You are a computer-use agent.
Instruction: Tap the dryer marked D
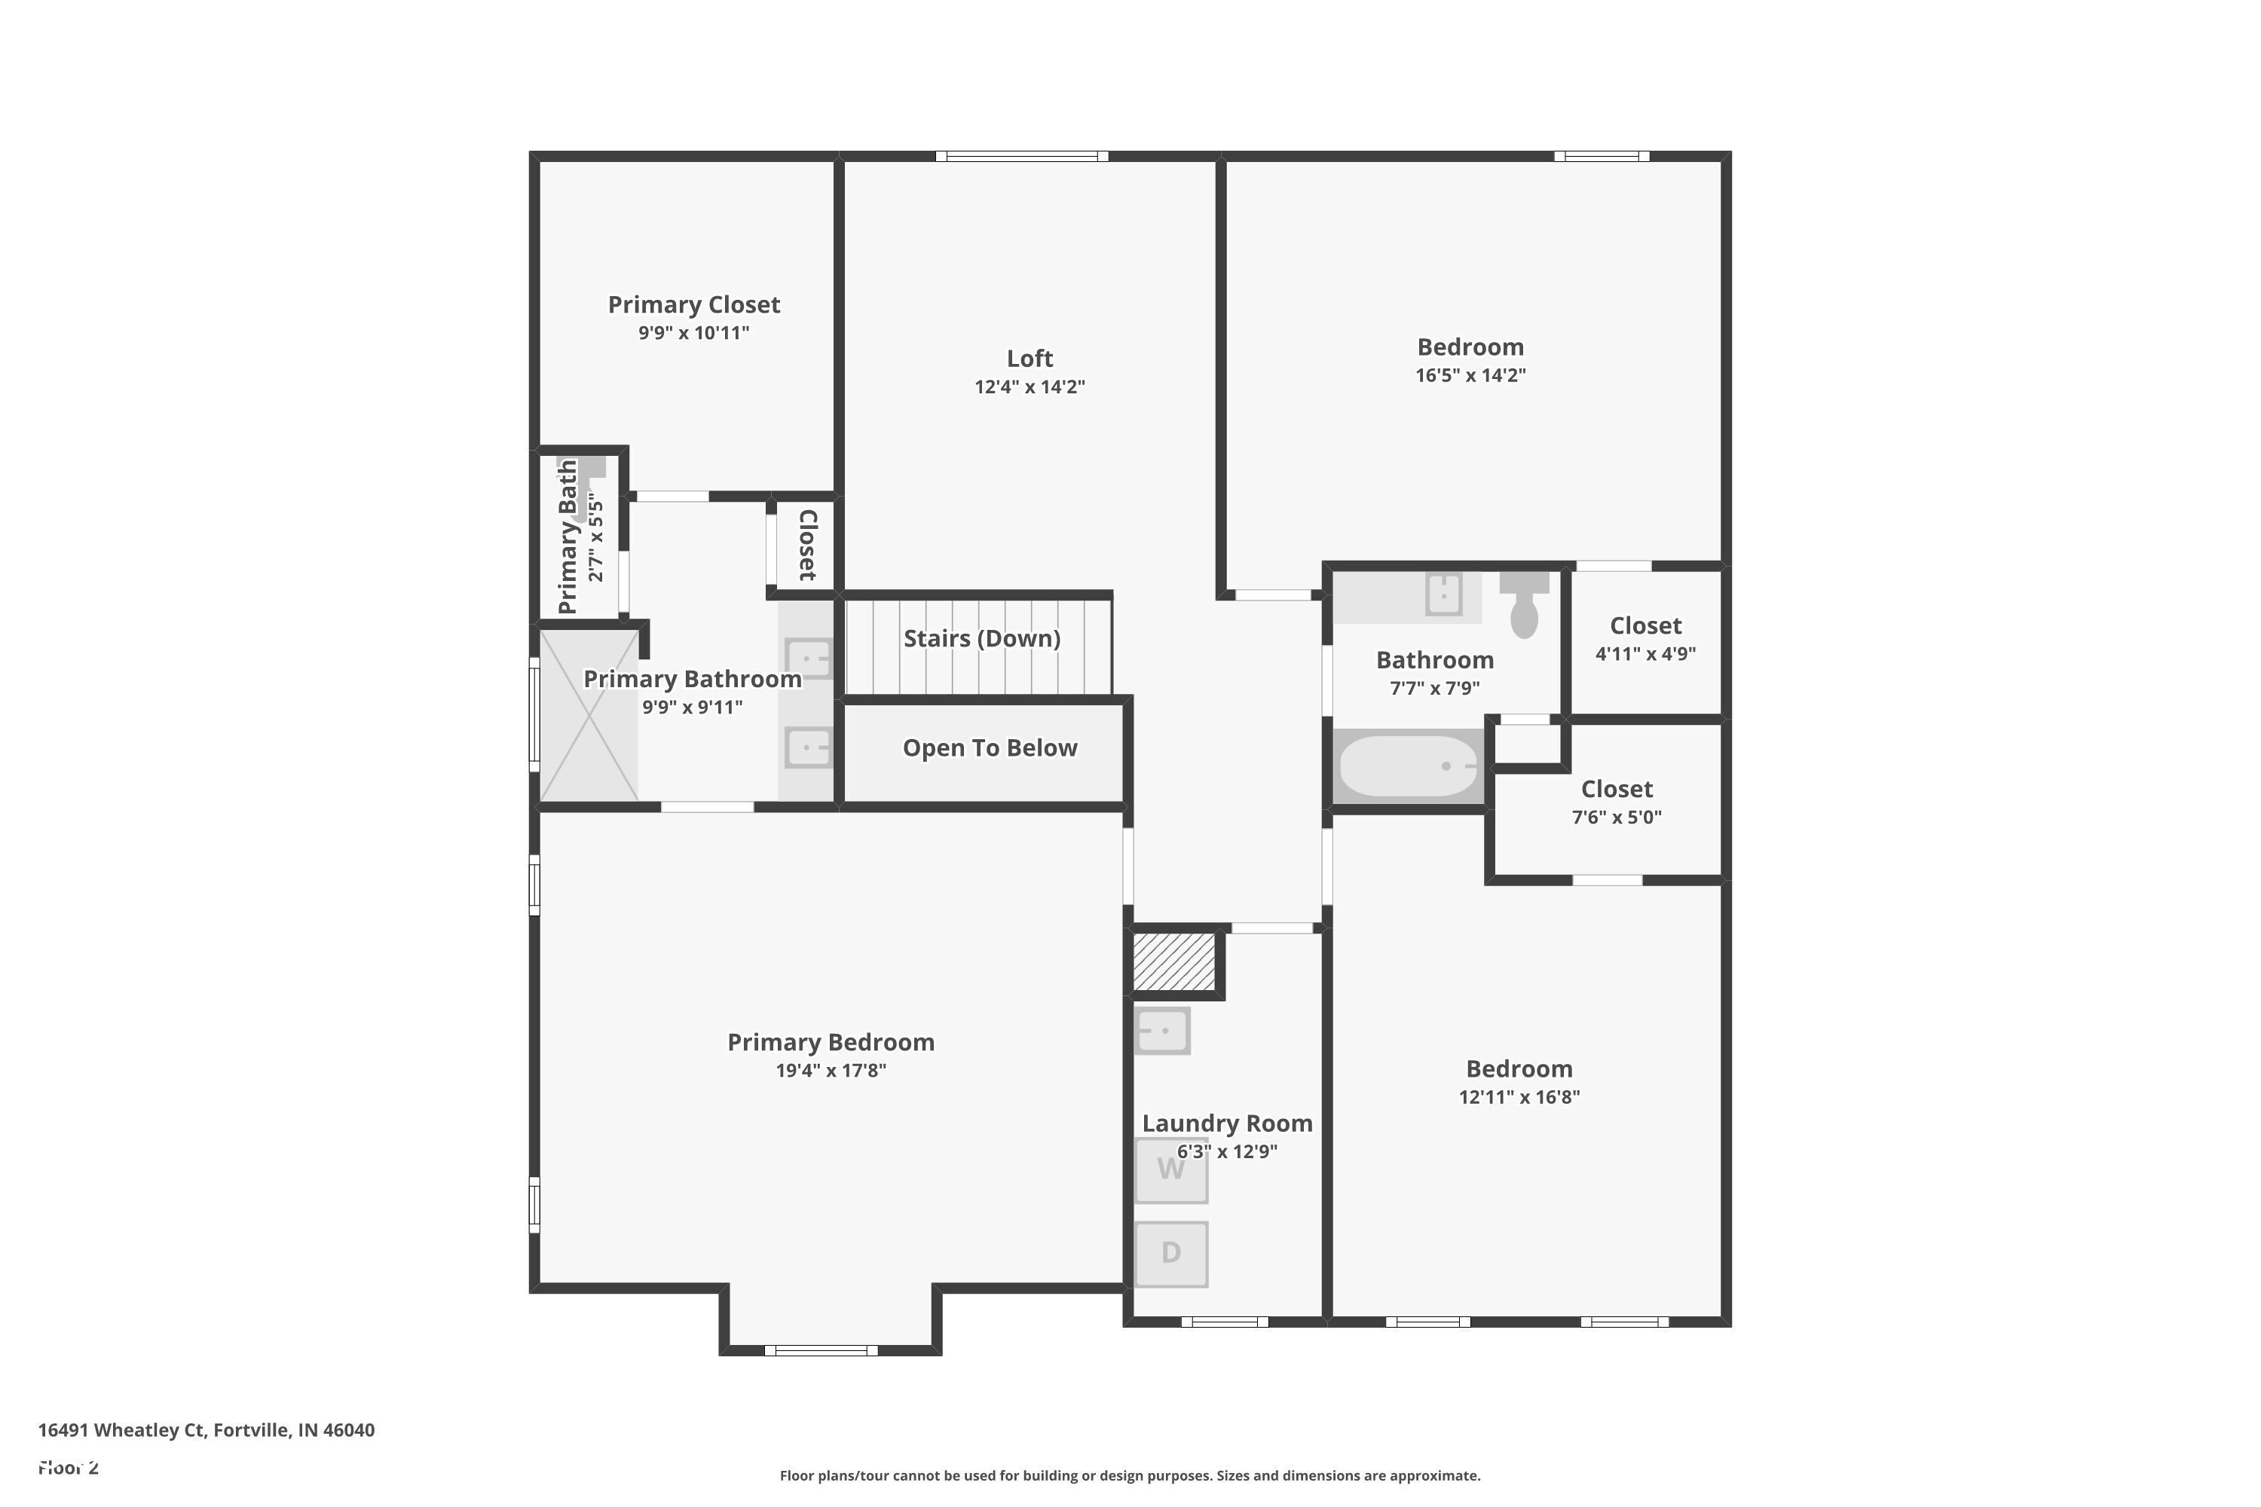pyautogui.click(x=1171, y=1253)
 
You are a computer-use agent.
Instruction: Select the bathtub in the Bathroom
pyautogui.click(x=1409, y=766)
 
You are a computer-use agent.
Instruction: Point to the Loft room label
pyautogui.click(x=1030, y=359)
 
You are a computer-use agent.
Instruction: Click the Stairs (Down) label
pyautogui.click(x=981, y=638)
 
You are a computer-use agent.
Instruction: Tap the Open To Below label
pyautogui.click(x=989, y=747)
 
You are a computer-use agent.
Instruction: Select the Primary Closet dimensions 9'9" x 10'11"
pyautogui.click(x=693, y=332)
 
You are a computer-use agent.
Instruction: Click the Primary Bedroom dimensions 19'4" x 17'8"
pyautogui.click(x=831, y=1071)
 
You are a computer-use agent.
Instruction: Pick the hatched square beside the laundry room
pyautogui.click(x=1173, y=961)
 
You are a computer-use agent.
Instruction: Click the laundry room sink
pyautogui.click(x=1162, y=1030)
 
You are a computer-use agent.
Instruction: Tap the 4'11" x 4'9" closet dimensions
pyautogui.click(x=1645, y=653)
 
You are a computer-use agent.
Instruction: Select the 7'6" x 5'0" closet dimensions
pyautogui.click(x=1616, y=817)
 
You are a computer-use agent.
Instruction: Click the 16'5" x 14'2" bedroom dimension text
pyautogui.click(x=1470, y=374)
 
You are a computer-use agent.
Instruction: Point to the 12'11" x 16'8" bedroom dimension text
pyautogui.click(x=1519, y=1096)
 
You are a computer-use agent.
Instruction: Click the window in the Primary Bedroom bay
pyautogui.click(x=821, y=1350)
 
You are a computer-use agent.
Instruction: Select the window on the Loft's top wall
pyautogui.click(x=1022, y=157)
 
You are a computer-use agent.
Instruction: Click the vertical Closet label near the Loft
pyautogui.click(x=807, y=545)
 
